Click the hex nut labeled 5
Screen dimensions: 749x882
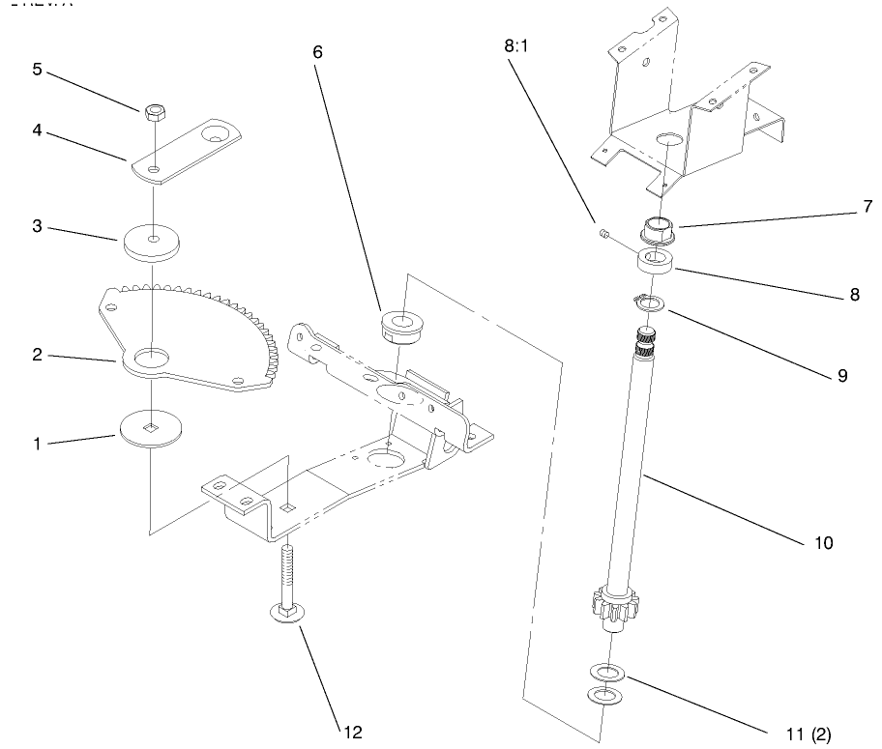[153, 113]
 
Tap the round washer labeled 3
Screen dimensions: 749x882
[153, 243]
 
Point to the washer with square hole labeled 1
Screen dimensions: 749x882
[152, 427]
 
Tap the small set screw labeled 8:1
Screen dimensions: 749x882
[601, 233]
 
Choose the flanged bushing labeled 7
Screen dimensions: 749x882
[662, 232]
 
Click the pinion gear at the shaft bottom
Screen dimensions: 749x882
[612, 606]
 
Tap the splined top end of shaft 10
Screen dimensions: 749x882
[644, 340]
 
